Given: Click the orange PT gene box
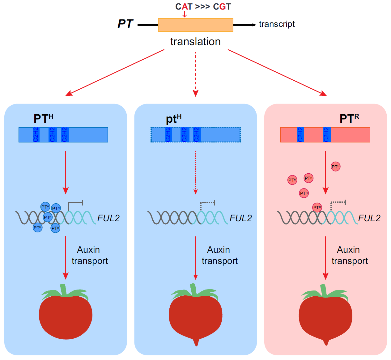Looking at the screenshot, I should [x=195, y=25].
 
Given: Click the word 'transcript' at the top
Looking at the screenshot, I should [x=277, y=24].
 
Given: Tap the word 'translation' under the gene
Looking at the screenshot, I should [x=195, y=41].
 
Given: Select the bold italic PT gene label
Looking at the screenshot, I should [x=125, y=24].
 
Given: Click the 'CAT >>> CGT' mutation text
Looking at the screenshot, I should [x=203, y=6].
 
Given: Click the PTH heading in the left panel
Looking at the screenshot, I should [x=43, y=118].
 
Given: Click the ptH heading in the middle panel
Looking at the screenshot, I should [x=173, y=119].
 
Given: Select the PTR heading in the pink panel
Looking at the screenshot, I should [x=349, y=118].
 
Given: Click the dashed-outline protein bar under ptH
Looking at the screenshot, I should [x=195, y=134].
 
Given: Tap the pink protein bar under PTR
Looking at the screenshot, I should [x=325, y=135].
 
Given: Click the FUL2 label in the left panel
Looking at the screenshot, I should [x=108, y=218].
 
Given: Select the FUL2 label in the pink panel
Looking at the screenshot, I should [x=369, y=218].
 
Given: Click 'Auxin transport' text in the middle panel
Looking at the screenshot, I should [x=219, y=255].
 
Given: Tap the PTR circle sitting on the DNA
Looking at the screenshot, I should [x=317, y=208].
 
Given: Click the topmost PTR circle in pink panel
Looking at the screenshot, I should [x=335, y=167].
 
